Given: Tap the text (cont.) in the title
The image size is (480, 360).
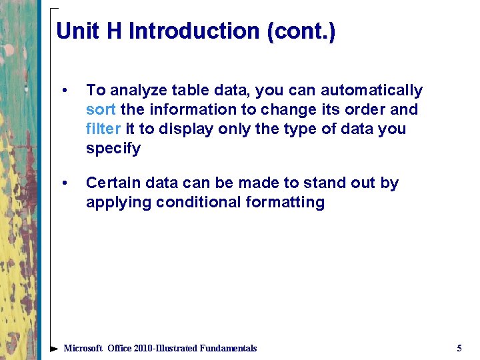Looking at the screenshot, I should pyautogui.click(x=301, y=31).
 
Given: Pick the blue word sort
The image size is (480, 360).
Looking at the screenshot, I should pyautogui.click(x=101, y=109).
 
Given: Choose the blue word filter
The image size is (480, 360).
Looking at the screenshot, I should pyautogui.click(x=103, y=129).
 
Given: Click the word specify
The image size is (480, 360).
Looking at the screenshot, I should pyautogui.click(x=113, y=149).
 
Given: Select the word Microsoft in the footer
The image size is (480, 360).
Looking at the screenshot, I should pyautogui.click(x=83, y=348).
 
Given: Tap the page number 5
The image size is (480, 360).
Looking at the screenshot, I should pyautogui.click(x=459, y=348).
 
